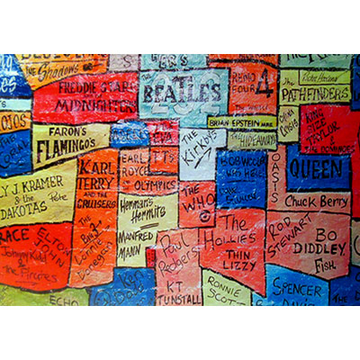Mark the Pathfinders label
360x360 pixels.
coord(314,93)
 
